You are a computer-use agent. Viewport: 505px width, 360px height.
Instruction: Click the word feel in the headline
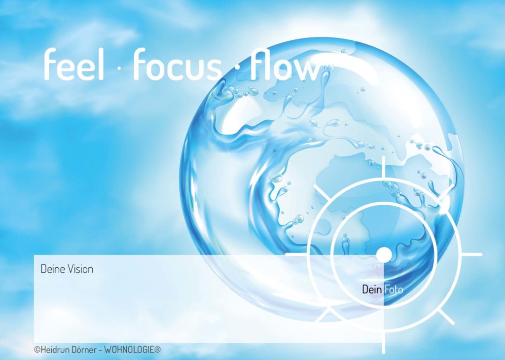(x=74, y=64)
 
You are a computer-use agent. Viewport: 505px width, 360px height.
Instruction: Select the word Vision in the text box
(x=80, y=269)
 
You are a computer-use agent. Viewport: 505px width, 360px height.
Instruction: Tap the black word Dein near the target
(x=372, y=289)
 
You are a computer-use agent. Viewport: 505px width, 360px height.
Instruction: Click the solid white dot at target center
(x=384, y=254)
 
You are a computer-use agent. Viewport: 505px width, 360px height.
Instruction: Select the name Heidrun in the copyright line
(x=55, y=350)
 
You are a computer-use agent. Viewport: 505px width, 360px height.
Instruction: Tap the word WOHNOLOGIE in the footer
(x=130, y=350)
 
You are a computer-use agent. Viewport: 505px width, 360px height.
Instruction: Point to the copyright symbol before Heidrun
(x=37, y=349)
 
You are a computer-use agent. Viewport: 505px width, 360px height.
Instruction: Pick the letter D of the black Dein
(x=365, y=289)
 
